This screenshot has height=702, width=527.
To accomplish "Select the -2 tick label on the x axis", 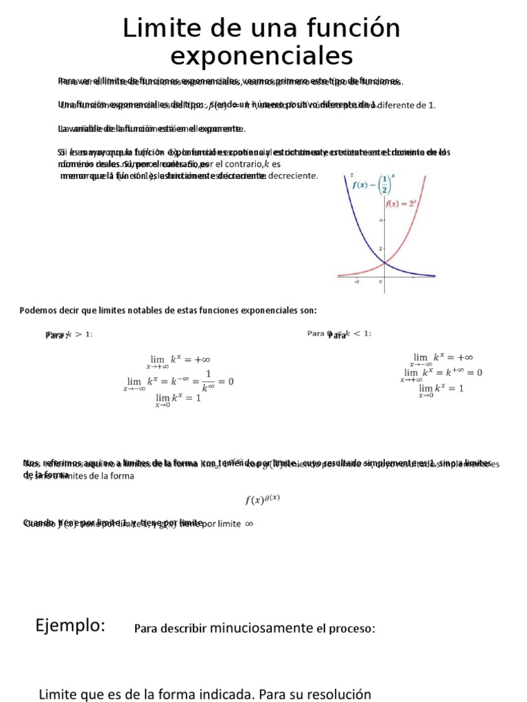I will click(x=356, y=281).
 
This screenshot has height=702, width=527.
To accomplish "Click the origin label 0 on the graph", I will click(x=381, y=281).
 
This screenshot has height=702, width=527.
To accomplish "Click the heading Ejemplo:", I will click(x=69, y=625).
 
